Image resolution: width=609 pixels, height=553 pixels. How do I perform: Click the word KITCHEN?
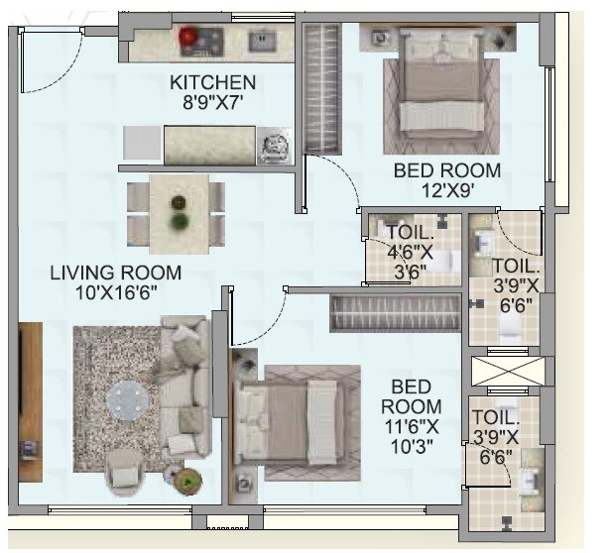211,81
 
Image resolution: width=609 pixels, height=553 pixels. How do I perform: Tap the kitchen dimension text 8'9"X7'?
211,101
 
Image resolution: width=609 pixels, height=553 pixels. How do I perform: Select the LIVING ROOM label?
115,273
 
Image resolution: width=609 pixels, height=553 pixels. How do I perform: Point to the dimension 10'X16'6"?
115,293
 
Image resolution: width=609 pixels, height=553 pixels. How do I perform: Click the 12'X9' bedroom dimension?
446,190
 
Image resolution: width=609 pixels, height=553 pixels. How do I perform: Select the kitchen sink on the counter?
262,42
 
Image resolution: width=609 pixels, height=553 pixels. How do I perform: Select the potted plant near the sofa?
185,482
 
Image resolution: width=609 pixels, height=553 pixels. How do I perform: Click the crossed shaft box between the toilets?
505,373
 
